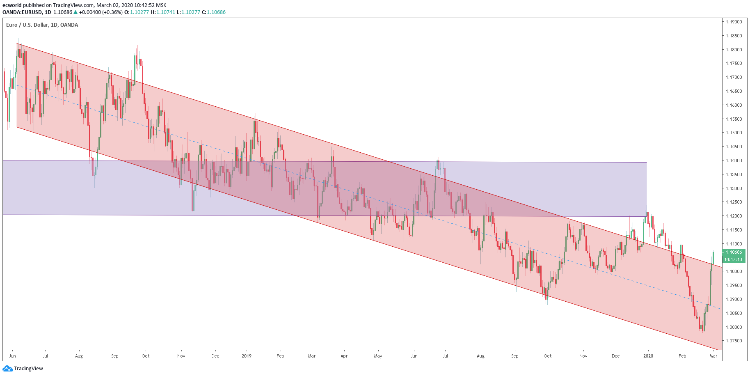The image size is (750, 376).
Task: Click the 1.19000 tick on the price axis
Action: [x=734, y=22]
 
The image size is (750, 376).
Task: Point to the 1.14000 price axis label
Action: [x=734, y=160]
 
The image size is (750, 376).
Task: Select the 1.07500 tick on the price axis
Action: [x=734, y=341]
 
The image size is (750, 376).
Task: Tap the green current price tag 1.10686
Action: [x=734, y=252]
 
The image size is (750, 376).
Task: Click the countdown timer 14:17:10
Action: [x=734, y=259]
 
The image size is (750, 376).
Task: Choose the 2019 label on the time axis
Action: [x=246, y=356]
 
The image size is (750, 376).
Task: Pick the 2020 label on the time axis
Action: [x=648, y=356]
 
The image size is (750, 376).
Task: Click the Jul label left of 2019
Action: [x=45, y=356]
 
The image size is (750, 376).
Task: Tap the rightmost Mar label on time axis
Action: [x=713, y=356]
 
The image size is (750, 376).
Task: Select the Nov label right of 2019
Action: [x=583, y=356]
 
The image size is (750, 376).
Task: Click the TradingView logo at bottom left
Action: [x=23, y=368]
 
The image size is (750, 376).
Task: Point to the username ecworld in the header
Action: [x=12, y=5]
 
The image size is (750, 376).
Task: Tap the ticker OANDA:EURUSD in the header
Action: [x=22, y=12]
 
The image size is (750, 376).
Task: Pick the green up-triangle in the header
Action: [x=75, y=12]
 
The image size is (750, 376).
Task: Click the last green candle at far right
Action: [x=713, y=258]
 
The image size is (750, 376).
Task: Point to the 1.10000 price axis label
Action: [x=734, y=271]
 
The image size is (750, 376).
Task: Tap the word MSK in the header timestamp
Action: [x=161, y=5]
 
